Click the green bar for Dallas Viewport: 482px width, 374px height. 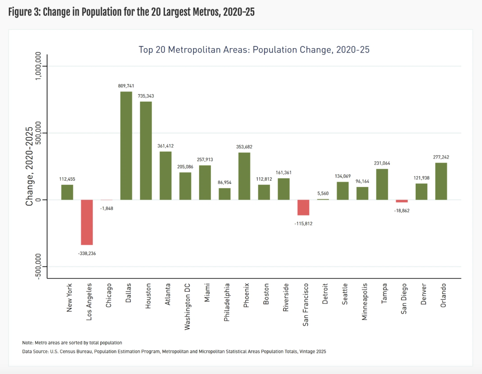[126, 146]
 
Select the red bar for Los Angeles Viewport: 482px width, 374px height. [87, 222]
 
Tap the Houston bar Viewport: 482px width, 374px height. [146, 151]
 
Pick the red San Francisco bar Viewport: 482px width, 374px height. [303, 207]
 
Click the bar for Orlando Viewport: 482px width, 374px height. [441, 181]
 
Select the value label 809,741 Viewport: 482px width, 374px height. [126, 86]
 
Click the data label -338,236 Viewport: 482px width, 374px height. [87, 253]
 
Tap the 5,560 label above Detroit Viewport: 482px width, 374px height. [323, 193]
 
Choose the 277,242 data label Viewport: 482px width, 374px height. [441, 157]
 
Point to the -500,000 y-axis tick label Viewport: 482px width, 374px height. [38, 266]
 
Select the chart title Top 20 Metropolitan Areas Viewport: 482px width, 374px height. [254, 50]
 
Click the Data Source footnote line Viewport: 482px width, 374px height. [174, 351]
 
